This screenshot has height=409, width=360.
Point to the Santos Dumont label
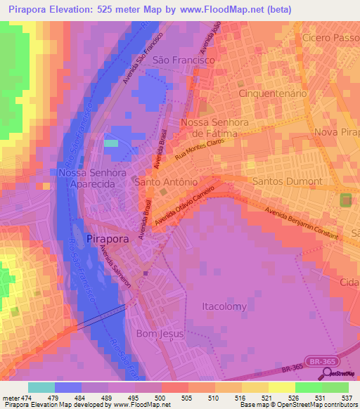[x=287, y=181]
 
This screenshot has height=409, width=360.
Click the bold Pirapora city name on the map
[x=110, y=239]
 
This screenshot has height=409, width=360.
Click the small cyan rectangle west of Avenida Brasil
[x=111, y=143]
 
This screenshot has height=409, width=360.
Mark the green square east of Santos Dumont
[x=346, y=200]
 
